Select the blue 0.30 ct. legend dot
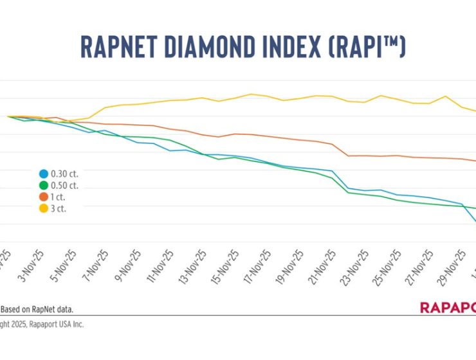[43, 174]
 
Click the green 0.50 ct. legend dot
[43, 185]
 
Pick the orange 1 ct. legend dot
[43, 197]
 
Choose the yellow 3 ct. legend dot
[43, 208]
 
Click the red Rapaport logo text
[448, 308]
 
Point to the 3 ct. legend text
[61, 208]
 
